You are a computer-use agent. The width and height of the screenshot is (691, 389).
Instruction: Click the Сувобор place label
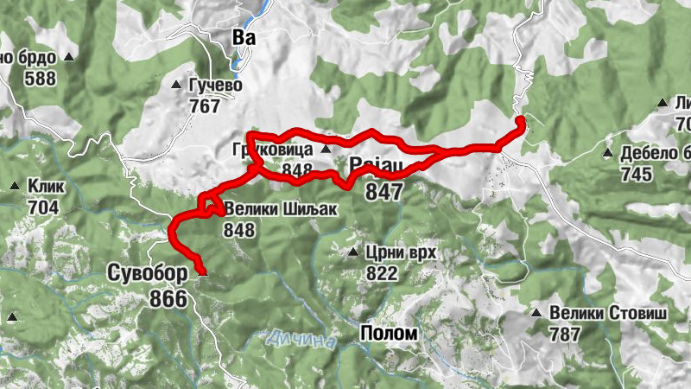coord(148,274)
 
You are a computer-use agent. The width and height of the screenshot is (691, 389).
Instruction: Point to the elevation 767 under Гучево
coord(205,106)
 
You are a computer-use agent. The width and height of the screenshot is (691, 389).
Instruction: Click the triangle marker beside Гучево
coord(177,86)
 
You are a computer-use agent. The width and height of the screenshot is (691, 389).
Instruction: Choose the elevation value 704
coord(42,207)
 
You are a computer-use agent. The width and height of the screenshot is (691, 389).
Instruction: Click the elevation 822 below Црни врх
coord(381,274)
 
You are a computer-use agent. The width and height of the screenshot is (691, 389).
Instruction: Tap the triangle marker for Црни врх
coord(353,253)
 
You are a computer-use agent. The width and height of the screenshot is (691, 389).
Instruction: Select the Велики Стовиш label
coord(610,312)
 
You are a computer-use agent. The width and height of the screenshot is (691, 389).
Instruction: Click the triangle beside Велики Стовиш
coord(536,313)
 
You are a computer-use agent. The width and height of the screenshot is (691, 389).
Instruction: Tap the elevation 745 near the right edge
coord(636,175)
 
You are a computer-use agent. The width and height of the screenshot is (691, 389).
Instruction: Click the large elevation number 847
coord(384,191)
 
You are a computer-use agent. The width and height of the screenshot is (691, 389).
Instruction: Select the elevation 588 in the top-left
coord(40,80)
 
